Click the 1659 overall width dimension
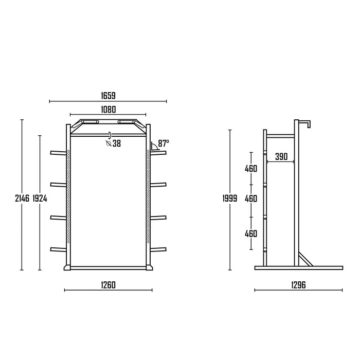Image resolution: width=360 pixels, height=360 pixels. pyautogui.click(x=108, y=96)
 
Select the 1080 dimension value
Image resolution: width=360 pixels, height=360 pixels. pyautogui.click(x=109, y=110)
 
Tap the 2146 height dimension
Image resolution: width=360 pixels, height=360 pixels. pyautogui.click(x=22, y=198)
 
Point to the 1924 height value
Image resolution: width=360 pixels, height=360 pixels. pyautogui.click(x=40, y=198)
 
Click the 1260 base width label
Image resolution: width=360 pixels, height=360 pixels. pyautogui.click(x=108, y=285)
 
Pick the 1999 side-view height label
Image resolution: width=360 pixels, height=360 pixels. pyautogui.click(x=230, y=198)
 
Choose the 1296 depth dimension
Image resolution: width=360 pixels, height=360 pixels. pyautogui.click(x=298, y=285)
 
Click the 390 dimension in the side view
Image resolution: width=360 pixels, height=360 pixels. pyautogui.click(x=281, y=156)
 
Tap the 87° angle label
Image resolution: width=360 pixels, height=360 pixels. pyautogui.click(x=163, y=143)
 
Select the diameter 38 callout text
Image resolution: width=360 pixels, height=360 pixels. pyautogui.click(x=114, y=143)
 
